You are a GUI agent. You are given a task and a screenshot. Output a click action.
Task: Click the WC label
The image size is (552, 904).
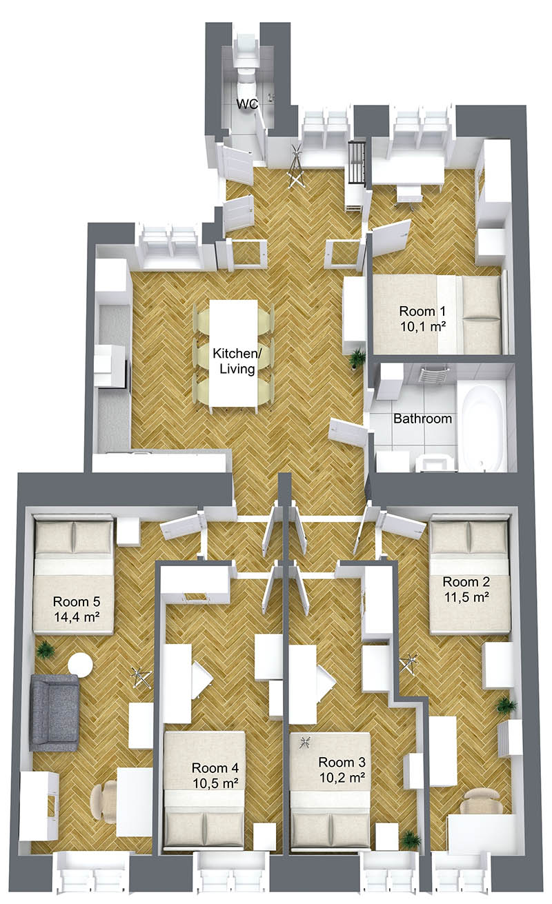(247, 104)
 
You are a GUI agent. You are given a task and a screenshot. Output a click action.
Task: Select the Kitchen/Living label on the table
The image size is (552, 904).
(237, 361)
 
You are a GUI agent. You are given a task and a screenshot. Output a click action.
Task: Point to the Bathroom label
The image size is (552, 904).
(422, 419)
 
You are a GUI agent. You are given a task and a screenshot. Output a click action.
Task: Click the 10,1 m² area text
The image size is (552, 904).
(423, 326)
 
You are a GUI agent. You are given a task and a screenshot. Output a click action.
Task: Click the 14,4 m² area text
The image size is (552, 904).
(77, 616)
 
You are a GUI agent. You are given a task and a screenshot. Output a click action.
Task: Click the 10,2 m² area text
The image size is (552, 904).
(342, 777)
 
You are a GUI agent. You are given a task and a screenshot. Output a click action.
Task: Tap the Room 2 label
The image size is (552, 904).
(466, 581)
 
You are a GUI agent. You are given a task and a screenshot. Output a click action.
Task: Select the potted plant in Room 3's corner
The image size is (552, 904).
(411, 840)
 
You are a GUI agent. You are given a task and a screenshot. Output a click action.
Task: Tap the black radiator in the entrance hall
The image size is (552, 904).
(357, 162)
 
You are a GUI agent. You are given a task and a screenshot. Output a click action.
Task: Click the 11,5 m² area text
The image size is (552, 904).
(467, 596)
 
